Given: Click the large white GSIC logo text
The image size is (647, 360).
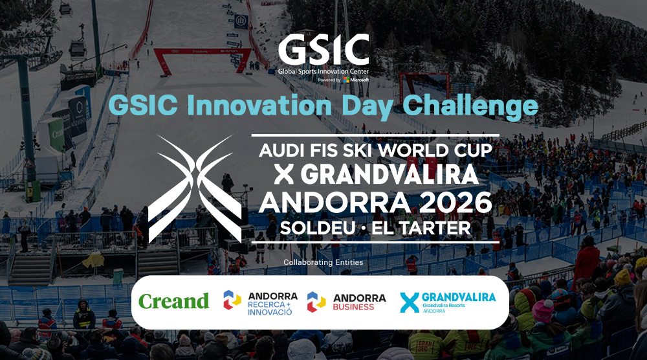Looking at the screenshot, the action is click(x=323, y=50).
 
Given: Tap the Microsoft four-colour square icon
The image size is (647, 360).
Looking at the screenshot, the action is click(x=346, y=80).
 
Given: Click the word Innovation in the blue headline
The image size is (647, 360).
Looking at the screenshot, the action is click(x=260, y=106).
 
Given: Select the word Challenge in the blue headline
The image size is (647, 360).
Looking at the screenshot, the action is click(x=470, y=107).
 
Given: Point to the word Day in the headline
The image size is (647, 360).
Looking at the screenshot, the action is click(x=367, y=107).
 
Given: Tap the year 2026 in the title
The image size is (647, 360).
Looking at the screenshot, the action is click(x=456, y=202).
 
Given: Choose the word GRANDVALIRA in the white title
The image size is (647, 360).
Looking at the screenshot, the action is click(x=389, y=175).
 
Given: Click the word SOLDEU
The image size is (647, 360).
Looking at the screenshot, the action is click(x=317, y=228).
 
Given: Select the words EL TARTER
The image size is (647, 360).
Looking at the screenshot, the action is click(x=421, y=228).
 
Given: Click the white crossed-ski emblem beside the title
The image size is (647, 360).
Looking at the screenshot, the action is click(x=195, y=188).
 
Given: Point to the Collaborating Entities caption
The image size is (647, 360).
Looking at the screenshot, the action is click(x=323, y=262).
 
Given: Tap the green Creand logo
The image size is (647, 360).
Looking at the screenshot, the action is click(x=173, y=301).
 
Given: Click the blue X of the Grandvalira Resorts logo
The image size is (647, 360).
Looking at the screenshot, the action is click(x=410, y=302).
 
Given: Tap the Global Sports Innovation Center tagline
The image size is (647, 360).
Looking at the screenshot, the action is click(x=323, y=71).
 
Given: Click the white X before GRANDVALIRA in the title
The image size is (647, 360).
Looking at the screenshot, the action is click(x=284, y=175).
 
